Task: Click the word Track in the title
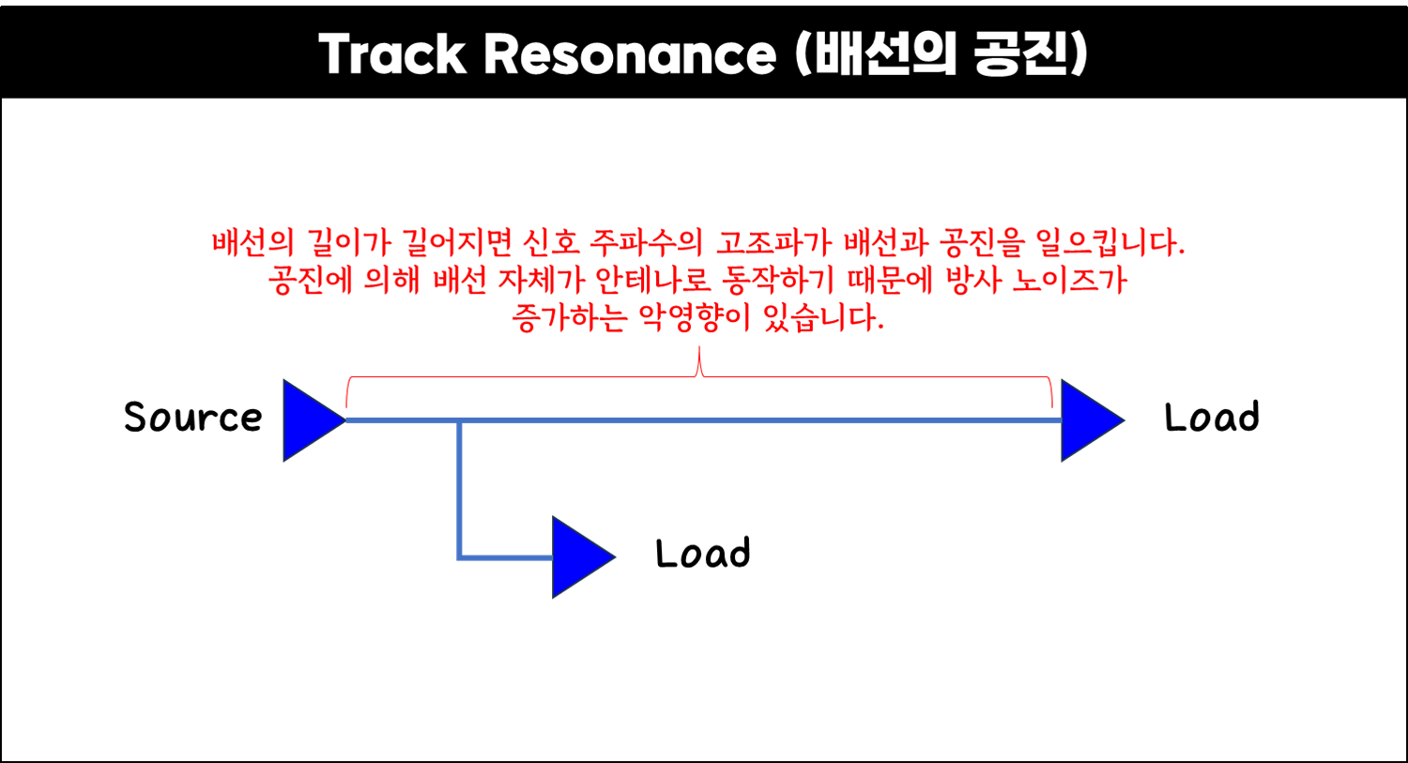coord(392,54)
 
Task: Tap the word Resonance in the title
coord(630,54)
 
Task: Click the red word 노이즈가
coord(1069,281)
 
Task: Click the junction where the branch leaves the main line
coord(459,420)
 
